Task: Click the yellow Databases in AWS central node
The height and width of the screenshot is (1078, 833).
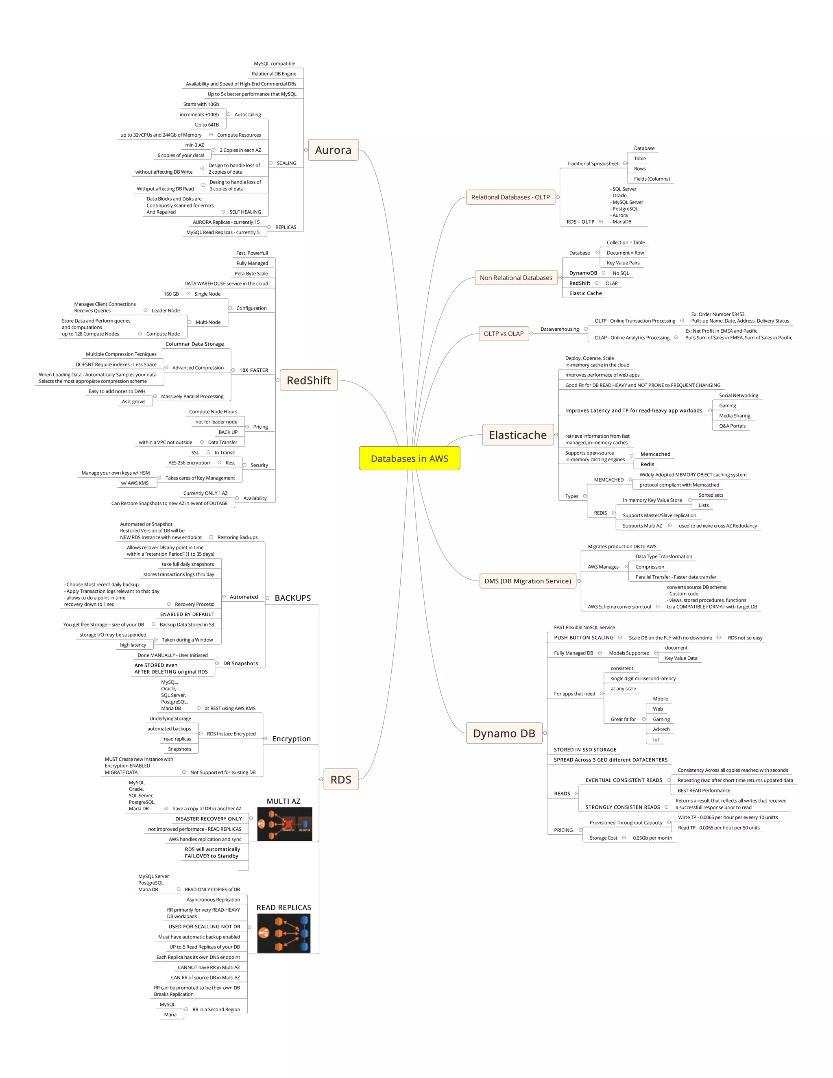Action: click(x=409, y=458)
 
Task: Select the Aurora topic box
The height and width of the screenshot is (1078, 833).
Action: click(x=333, y=150)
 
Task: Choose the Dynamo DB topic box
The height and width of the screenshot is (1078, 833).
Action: click(x=504, y=733)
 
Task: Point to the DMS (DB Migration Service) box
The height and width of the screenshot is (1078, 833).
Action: click(x=528, y=581)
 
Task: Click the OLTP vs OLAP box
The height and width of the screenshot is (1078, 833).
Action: click(x=504, y=334)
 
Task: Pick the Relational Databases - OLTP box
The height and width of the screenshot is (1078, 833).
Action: click(x=510, y=197)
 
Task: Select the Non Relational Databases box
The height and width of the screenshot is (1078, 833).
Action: click(x=516, y=278)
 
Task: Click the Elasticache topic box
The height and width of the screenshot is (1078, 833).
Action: click(x=518, y=435)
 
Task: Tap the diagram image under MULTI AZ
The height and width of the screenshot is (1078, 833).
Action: click(x=285, y=824)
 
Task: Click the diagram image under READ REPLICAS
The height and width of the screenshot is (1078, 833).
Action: click(x=284, y=933)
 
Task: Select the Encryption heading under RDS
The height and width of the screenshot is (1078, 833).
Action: click(x=291, y=739)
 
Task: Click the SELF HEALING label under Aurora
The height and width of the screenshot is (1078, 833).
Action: click(x=245, y=212)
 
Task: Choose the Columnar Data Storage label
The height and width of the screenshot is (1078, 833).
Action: click(x=194, y=344)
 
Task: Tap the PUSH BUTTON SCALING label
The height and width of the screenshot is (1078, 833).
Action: click(x=583, y=638)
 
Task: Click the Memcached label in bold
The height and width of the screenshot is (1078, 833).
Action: click(x=655, y=454)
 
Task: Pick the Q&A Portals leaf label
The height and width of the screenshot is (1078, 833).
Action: click(x=732, y=426)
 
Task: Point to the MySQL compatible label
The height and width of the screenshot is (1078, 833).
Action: click(x=275, y=64)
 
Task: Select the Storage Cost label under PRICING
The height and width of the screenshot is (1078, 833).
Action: click(x=603, y=838)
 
